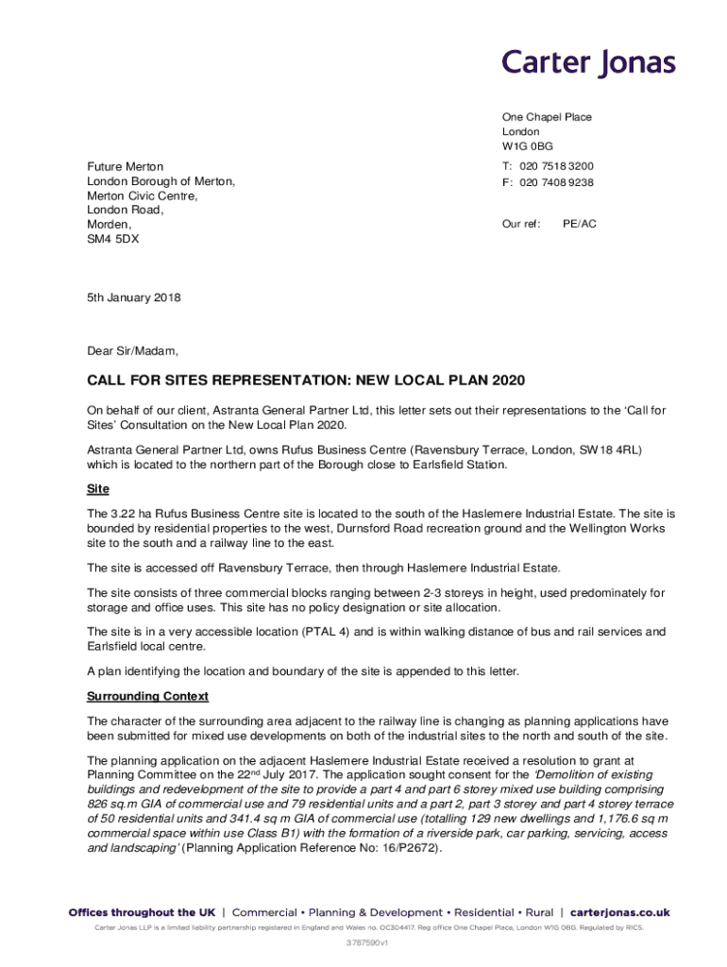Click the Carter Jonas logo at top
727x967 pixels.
(588, 63)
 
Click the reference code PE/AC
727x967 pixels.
(580, 224)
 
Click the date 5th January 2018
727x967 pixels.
(133, 297)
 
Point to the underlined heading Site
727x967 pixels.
(98, 489)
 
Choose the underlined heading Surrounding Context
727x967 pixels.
(147, 696)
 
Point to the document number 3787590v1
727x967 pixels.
(363, 942)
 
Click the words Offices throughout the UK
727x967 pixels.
(142, 913)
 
